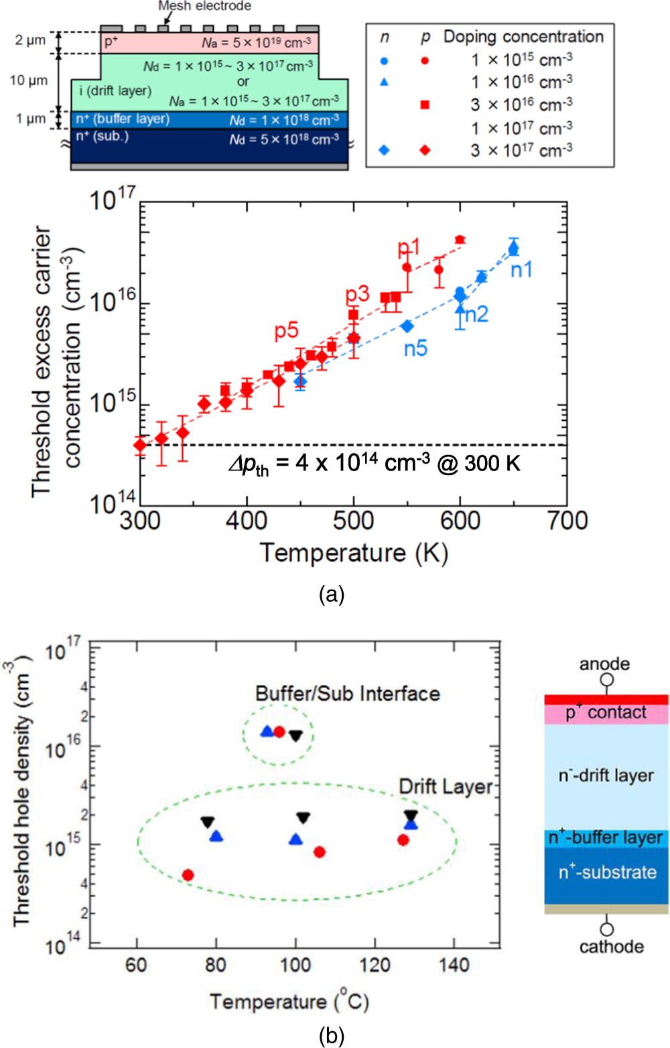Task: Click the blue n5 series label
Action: coord(415,348)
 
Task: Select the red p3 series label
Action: coord(357,294)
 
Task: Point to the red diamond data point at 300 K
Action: coord(140,445)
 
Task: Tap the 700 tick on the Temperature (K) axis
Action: coord(567,521)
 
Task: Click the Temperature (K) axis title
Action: coord(354,553)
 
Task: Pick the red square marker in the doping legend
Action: coord(425,105)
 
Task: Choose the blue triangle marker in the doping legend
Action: coord(384,82)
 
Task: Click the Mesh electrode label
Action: coord(204,6)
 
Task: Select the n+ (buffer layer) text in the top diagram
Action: coord(123,119)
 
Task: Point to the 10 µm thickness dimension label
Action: coord(29,80)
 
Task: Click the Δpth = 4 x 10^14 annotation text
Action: coord(374,464)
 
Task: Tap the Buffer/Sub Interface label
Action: coord(348,694)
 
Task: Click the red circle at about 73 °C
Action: coord(188,875)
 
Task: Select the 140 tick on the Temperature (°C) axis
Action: coord(454,965)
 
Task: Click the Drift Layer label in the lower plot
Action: coord(446,787)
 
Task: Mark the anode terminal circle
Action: coord(606,680)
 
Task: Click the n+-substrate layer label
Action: coord(608,872)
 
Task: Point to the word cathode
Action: coord(611,947)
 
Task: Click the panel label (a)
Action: coord(332,594)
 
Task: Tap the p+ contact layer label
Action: coord(606,713)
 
